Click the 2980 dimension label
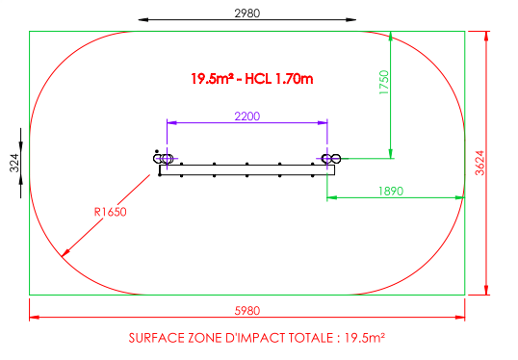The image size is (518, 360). (x=247, y=13)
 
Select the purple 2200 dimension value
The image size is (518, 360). (x=247, y=116)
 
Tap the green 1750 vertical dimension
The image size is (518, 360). (x=384, y=83)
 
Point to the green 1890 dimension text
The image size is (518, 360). (x=391, y=192)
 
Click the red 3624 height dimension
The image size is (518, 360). (x=479, y=163)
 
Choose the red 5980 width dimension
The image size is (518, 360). (x=247, y=311)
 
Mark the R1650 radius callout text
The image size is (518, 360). (x=111, y=212)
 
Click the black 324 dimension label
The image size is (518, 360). (x=14, y=164)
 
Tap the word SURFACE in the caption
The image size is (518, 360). (x=157, y=338)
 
